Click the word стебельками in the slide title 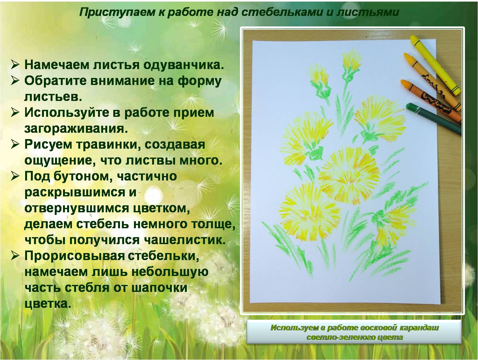pos(282,12)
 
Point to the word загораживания pos(76,129)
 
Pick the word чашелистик pos(185,240)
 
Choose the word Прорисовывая pos(74,256)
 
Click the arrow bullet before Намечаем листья pos(16,65)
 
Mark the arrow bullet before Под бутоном pos(16,176)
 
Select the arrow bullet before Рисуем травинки pos(16,145)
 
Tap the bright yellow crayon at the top pos(435,65)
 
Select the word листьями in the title pos(368,12)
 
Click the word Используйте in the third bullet pos(72,112)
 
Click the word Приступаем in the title pos(117,12)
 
